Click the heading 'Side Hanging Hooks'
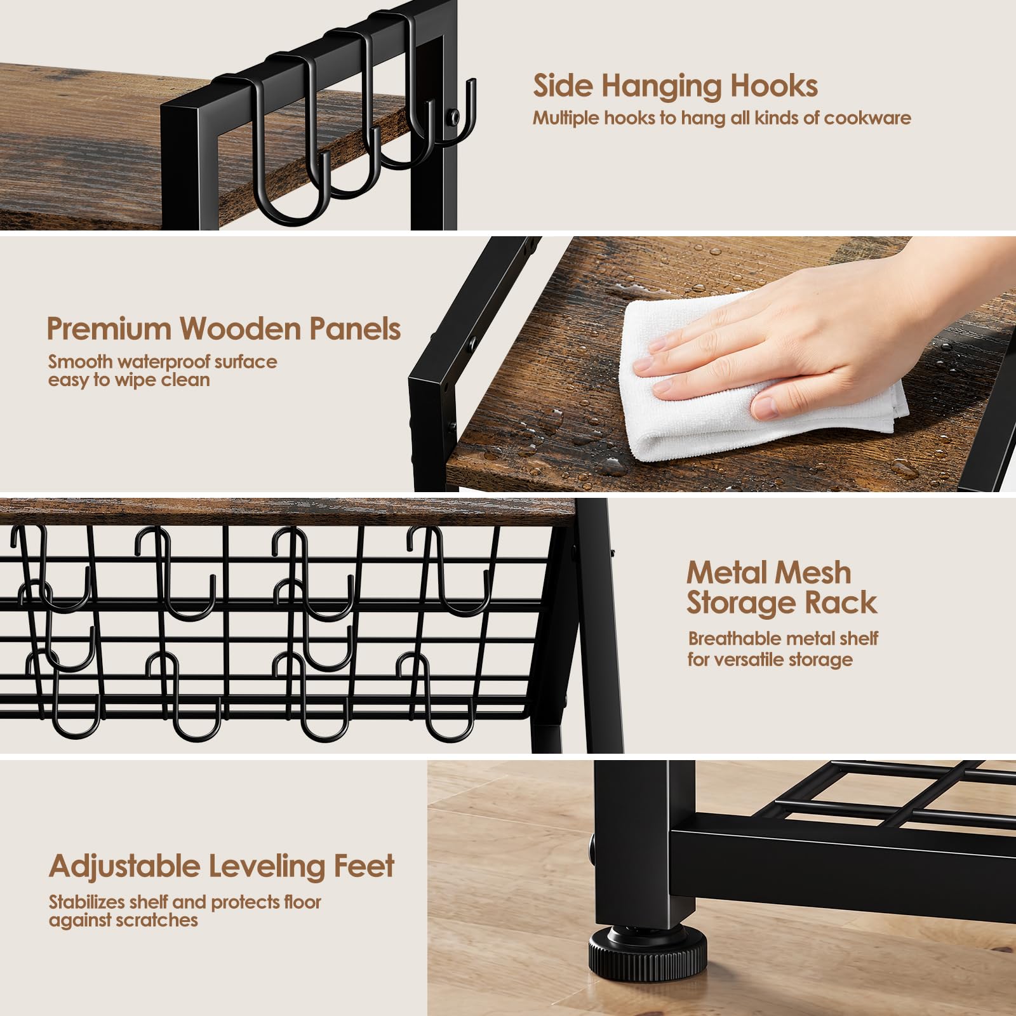click(x=675, y=86)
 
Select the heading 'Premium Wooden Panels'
click(x=224, y=329)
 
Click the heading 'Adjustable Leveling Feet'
click(x=222, y=866)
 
